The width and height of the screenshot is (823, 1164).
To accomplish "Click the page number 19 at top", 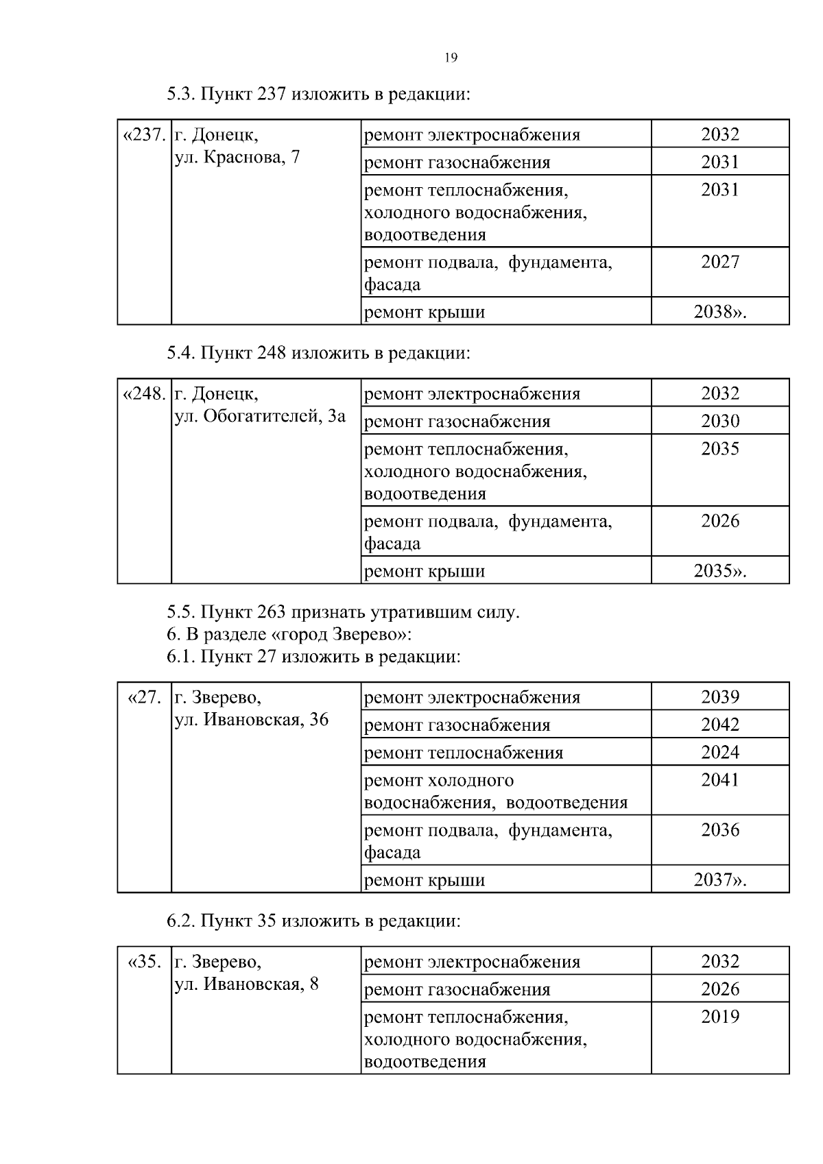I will tap(451, 58).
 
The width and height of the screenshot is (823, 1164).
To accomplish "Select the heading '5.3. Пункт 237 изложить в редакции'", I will tap(318, 94).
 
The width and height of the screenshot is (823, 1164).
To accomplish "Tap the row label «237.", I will tap(144, 134).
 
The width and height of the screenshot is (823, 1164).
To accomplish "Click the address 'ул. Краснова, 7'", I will tap(237, 158).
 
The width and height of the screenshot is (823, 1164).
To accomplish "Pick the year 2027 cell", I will tap(719, 262).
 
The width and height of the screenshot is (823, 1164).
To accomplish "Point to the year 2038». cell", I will tap(719, 313).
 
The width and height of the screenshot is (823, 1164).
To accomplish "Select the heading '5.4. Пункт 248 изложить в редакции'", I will tap(318, 353).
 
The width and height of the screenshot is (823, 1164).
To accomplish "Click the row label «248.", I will tap(144, 394).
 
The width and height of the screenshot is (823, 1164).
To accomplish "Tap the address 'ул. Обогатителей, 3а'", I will tap(260, 416).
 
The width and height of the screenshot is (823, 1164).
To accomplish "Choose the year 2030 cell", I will tap(719, 421).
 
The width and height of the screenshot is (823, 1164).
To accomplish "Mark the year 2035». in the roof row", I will tap(719, 571).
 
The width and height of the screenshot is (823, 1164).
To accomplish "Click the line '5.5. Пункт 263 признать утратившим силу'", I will tap(343, 612).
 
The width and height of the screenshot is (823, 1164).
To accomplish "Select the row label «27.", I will tap(145, 697).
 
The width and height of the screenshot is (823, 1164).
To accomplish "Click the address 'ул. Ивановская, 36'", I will tap(252, 720).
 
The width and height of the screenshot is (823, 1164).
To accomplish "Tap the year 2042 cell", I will tap(719, 725).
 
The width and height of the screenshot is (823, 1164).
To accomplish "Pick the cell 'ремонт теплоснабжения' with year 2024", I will tap(464, 753).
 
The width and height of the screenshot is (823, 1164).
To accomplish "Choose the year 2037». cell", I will tap(719, 880).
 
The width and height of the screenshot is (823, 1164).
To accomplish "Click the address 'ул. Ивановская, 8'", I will tap(246, 984).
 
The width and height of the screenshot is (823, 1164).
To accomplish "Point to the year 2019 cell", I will tap(719, 1017).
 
